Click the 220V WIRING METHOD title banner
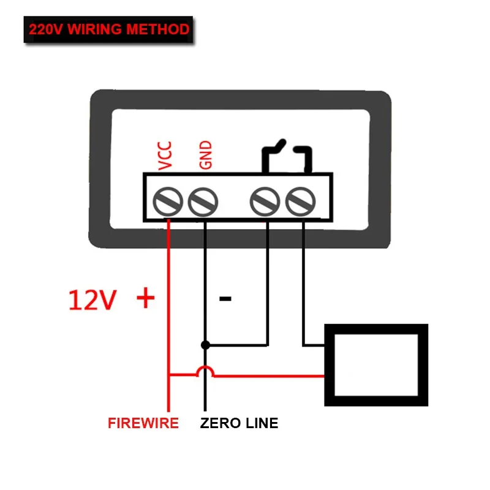pyautogui.click(x=108, y=29)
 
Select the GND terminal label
pyautogui.click(x=205, y=156)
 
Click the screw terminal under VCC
pyautogui.click(x=168, y=201)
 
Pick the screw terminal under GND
pyautogui.click(x=203, y=201)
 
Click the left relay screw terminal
pyautogui.click(x=265, y=201)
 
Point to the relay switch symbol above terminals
pyautogui.click(x=285, y=156)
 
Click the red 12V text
pyautogui.click(x=92, y=300)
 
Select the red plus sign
pyautogui.click(x=145, y=299)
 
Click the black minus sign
pyautogui.click(x=225, y=300)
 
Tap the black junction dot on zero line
pyautogui.click(x=205, y=345)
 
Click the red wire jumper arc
pyautogui.click(x=205, y=371)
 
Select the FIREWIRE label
pyautogui.click(x=143, y=423)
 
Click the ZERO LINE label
pyautogui.click(x=239, y=423)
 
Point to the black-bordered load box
pyautogui.click(x=375, y=365)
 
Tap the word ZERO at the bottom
pyautogui.click(x=219, y=423)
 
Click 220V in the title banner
pyautogui.click(x=45, y=29)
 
